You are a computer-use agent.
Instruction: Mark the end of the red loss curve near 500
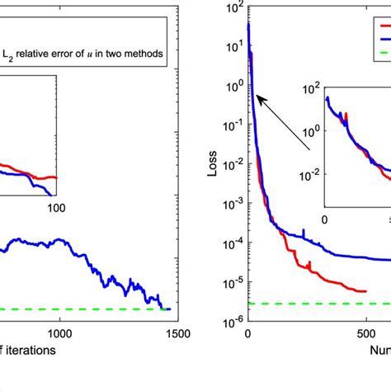pos(365,291)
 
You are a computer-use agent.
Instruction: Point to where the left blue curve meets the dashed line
pos(163,309)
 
